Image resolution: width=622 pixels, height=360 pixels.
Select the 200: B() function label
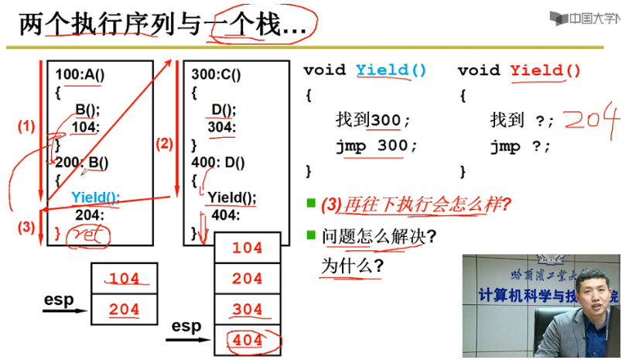point(81,163)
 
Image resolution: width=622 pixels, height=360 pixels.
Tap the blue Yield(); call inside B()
point(95,198)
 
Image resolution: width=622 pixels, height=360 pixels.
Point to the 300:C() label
point(216,75)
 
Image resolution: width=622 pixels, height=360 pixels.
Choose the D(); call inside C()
point(224,110)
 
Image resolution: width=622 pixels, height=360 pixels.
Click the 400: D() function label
point(218,163)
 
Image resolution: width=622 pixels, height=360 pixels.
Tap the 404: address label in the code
point(224,215)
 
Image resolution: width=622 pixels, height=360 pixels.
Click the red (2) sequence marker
point(163,142)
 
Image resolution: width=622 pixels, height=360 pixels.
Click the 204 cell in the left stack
point(125,309)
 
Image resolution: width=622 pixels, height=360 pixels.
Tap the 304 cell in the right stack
point(247,309)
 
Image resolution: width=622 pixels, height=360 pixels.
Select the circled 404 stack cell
point(248,340)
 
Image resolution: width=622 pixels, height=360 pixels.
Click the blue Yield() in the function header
point(391,70)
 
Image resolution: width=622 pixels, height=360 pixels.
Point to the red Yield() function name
point(545,70)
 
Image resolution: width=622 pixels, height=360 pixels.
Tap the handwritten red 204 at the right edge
point(592,121)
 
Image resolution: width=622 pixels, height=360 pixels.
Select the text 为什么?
point(353,266)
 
